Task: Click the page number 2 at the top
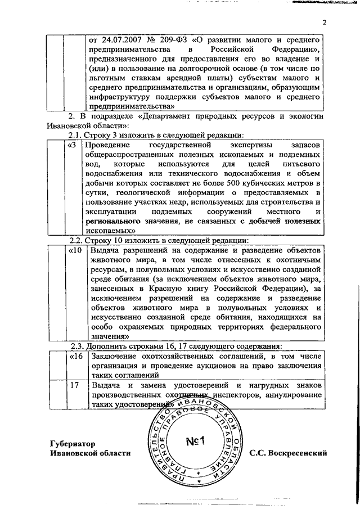click(x=325, y=22)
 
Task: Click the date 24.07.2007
click(x=120, y=40)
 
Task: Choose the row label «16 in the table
click(x=73, y=357)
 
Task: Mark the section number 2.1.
click(x=76, y=135)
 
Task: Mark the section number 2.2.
click(x=76, y=239)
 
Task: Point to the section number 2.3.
click(x=76, y=346)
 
